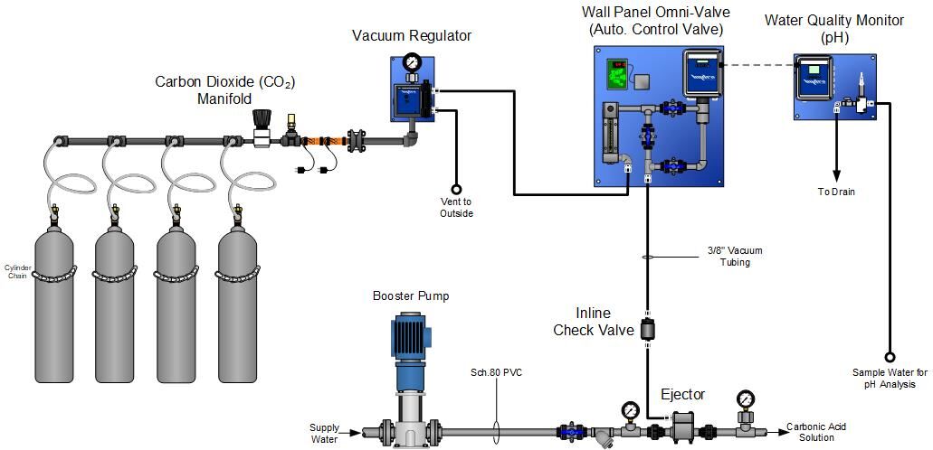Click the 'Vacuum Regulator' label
pos(412,36)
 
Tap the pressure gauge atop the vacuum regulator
pos(413,62)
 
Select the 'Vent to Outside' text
pos(456,207)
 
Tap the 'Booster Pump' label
pos(411,295)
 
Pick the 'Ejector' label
pos(682,394)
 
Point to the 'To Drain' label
pos(836,192)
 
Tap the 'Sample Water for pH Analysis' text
pos(889,378)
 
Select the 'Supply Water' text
pos(325,434)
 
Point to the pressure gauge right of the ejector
pos(746,398)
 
